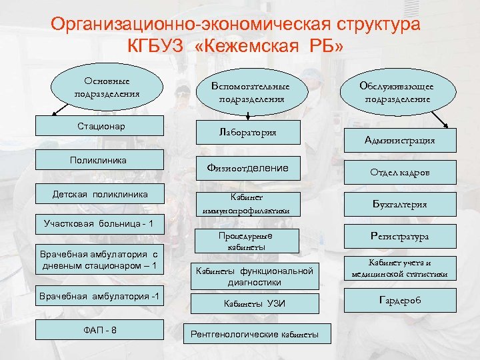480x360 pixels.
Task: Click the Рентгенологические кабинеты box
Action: click(x=251, y=333)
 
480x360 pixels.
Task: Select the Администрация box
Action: click(x=400, y=140)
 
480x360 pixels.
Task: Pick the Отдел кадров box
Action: click(x=400, y=172)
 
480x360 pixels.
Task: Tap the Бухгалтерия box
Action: click(x=400, y=204)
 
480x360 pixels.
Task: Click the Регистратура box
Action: click(x=400, y=236)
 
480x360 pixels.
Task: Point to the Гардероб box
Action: click(x=400, y=301)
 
